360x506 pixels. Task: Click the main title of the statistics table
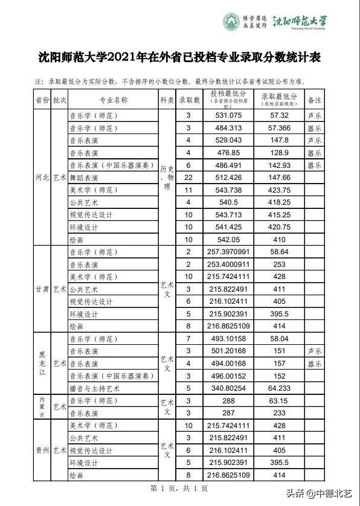180,58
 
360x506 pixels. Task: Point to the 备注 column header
314,100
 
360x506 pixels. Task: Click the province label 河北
42,178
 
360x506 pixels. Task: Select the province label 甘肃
42,289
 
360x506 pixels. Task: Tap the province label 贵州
42,450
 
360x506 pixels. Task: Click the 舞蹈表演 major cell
84,178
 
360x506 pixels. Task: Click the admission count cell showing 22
188,178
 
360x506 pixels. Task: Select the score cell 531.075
228,115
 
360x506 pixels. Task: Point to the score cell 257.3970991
228,252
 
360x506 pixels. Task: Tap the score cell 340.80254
228,388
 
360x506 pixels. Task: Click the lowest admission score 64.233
280,388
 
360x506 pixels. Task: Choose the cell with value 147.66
280,178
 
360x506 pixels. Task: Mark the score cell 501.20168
228,351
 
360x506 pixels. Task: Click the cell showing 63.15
280,401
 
